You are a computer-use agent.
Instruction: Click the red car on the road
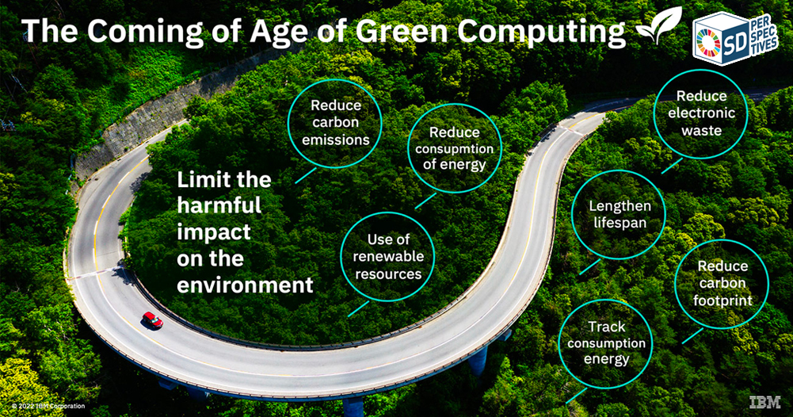click(x=152, y=320)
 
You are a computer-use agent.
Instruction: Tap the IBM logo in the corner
click(x=764, y=402)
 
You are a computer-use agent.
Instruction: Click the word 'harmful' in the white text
click(x=219, y=205)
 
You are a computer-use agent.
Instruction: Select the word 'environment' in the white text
click(x=246, y=285)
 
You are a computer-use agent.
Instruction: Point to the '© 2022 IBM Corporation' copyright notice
click(x=48, y=407)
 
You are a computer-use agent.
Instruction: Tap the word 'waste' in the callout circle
click(x=701, y=131)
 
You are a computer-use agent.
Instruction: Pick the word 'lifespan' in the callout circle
click(x=620, y=224)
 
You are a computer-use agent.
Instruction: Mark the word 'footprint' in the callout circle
click(x=722, y=300)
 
